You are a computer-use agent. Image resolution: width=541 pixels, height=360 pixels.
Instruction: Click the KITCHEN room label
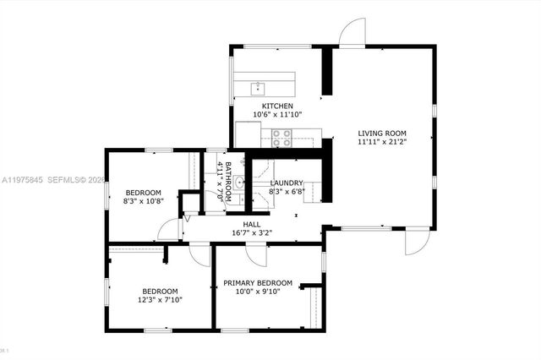(277, 106)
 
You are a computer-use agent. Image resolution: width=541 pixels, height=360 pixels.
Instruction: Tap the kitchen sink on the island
(259, 87)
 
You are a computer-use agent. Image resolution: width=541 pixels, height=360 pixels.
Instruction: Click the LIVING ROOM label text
(382, 133)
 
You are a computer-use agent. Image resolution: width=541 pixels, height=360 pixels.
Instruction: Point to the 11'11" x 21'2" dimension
(382, 142)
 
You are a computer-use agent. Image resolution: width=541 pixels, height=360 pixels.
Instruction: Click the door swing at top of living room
(351, 32)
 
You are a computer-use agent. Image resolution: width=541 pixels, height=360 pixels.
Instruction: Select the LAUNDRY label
(287, 183)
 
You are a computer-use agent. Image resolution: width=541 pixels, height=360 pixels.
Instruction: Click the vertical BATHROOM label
(227, 179)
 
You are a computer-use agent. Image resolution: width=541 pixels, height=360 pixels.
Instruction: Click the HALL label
(251, 225)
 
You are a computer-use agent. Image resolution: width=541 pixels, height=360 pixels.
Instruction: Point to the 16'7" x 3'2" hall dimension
(251, 233)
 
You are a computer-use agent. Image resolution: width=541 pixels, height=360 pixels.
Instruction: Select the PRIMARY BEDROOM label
(258, 282)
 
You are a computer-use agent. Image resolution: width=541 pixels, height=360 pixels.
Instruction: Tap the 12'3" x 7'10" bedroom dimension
(160, 298)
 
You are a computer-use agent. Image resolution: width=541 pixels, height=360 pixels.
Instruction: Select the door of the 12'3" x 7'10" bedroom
(198, 254)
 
